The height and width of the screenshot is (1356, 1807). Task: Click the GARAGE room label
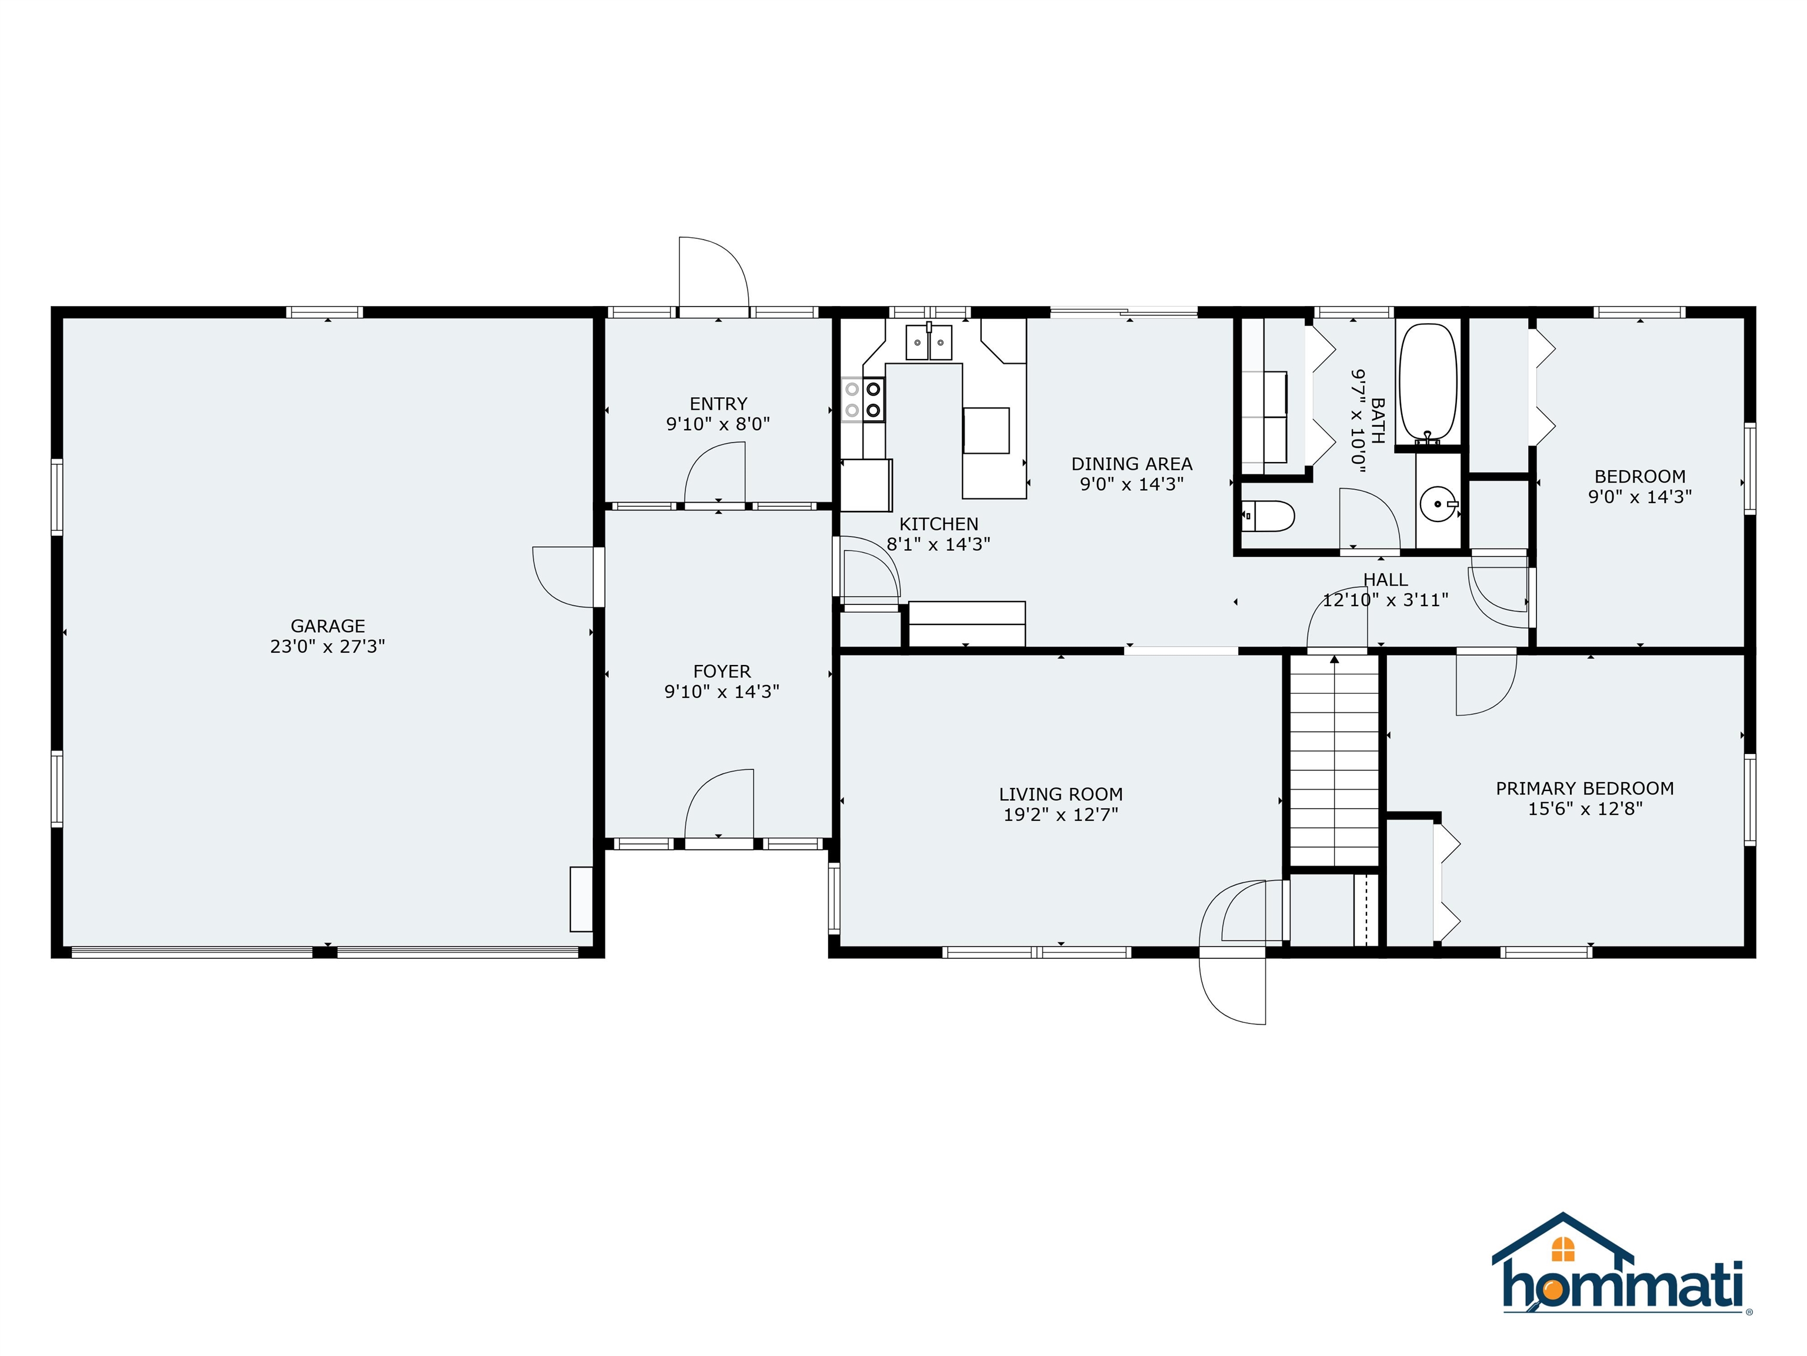click(328, 626)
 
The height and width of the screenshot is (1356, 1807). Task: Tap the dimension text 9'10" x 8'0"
click(718, 424)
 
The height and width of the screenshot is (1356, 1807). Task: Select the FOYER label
click(721, 671)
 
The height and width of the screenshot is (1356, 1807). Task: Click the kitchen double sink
click(929, 343)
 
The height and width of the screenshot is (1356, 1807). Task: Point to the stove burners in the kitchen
click(864, 400)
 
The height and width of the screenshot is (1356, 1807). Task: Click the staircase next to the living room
click(1334, 760)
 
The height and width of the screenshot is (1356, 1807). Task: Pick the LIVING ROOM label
click(1061, 794)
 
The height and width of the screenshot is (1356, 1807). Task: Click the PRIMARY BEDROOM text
click(1585, 788)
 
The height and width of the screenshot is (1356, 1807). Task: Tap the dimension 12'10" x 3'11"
click(1385, 600)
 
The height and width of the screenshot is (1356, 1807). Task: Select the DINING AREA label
click(1131, 463)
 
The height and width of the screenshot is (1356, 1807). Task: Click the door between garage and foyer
click(565, 576)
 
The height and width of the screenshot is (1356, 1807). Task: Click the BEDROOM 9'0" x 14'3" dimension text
click(1639, 497)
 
